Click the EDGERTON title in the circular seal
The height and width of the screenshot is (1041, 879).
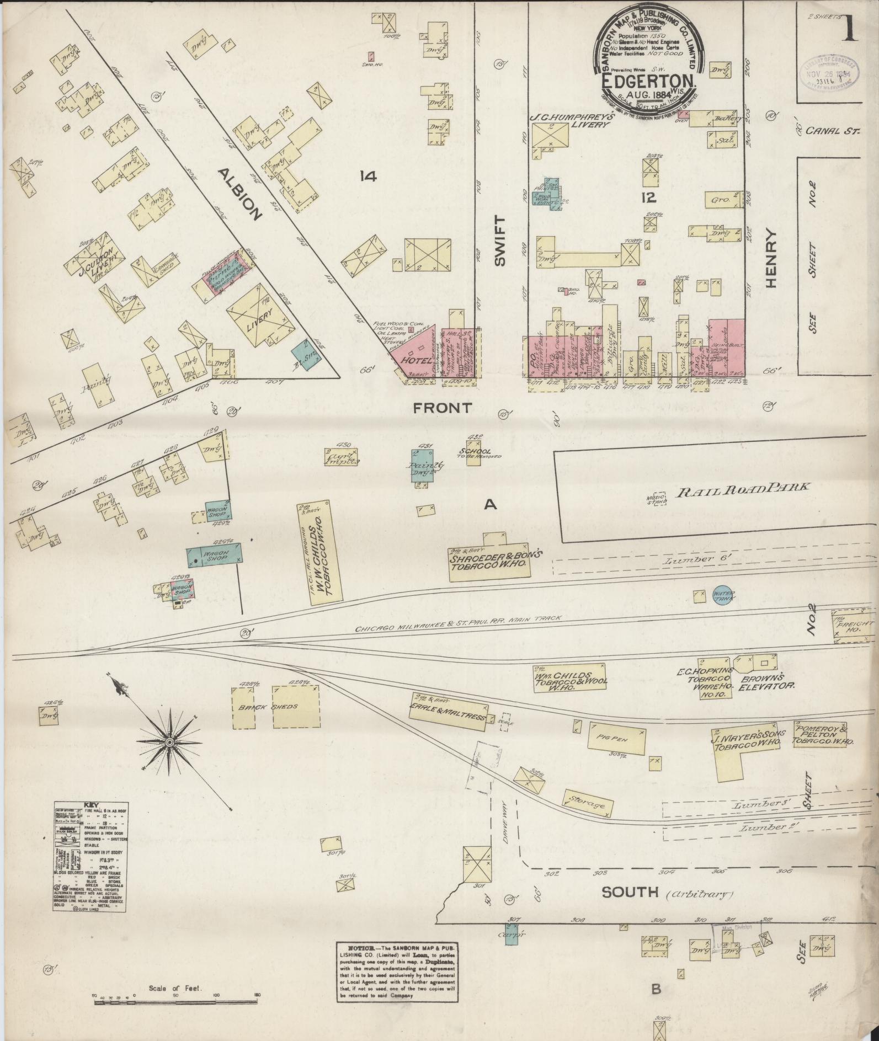click(648, 81)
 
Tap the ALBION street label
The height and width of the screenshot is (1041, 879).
click(239, 194)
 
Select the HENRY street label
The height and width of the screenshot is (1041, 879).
click(771, 258)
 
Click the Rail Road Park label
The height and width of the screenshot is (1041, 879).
click(742, 488)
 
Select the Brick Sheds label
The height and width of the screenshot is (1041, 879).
click(276, 707)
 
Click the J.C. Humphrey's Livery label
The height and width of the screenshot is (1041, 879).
click(570, 120)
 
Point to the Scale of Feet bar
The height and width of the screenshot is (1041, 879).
click(177, 981)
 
